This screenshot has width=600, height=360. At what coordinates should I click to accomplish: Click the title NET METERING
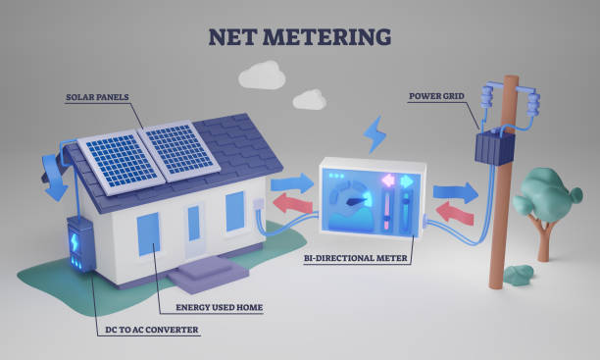pos(299,36)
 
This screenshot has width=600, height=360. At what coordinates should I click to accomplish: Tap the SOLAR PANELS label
pos(98,98)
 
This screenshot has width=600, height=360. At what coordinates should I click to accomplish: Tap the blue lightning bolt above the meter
pos(375,134)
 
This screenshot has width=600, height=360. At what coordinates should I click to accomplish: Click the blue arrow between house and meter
pos(290,181)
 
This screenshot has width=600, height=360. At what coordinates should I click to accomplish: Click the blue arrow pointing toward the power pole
pos(455,190)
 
